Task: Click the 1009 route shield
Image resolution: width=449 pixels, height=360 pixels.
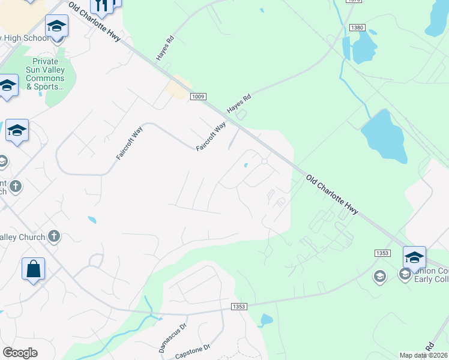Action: click(x=198, y=96)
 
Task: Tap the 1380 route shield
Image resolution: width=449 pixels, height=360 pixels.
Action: click(x=357, y=28)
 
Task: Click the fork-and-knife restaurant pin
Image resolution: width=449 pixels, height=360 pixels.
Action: click(x=101, y=5)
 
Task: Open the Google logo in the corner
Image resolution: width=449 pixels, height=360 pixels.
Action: click(x=20, y=353)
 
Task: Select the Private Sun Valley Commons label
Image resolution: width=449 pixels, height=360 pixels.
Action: click(x=46, y=74)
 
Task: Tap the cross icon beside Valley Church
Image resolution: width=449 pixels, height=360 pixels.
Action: click(x=54, y=236)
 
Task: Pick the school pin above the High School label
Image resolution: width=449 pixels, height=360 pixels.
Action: click(x=56, y=26)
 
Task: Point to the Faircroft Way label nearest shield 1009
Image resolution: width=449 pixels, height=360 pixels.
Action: click(x=211, y=137)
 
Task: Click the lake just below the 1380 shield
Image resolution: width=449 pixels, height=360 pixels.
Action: click(x=363, y=47)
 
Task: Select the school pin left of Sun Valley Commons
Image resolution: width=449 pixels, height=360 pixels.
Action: click(x=7, y=86)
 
